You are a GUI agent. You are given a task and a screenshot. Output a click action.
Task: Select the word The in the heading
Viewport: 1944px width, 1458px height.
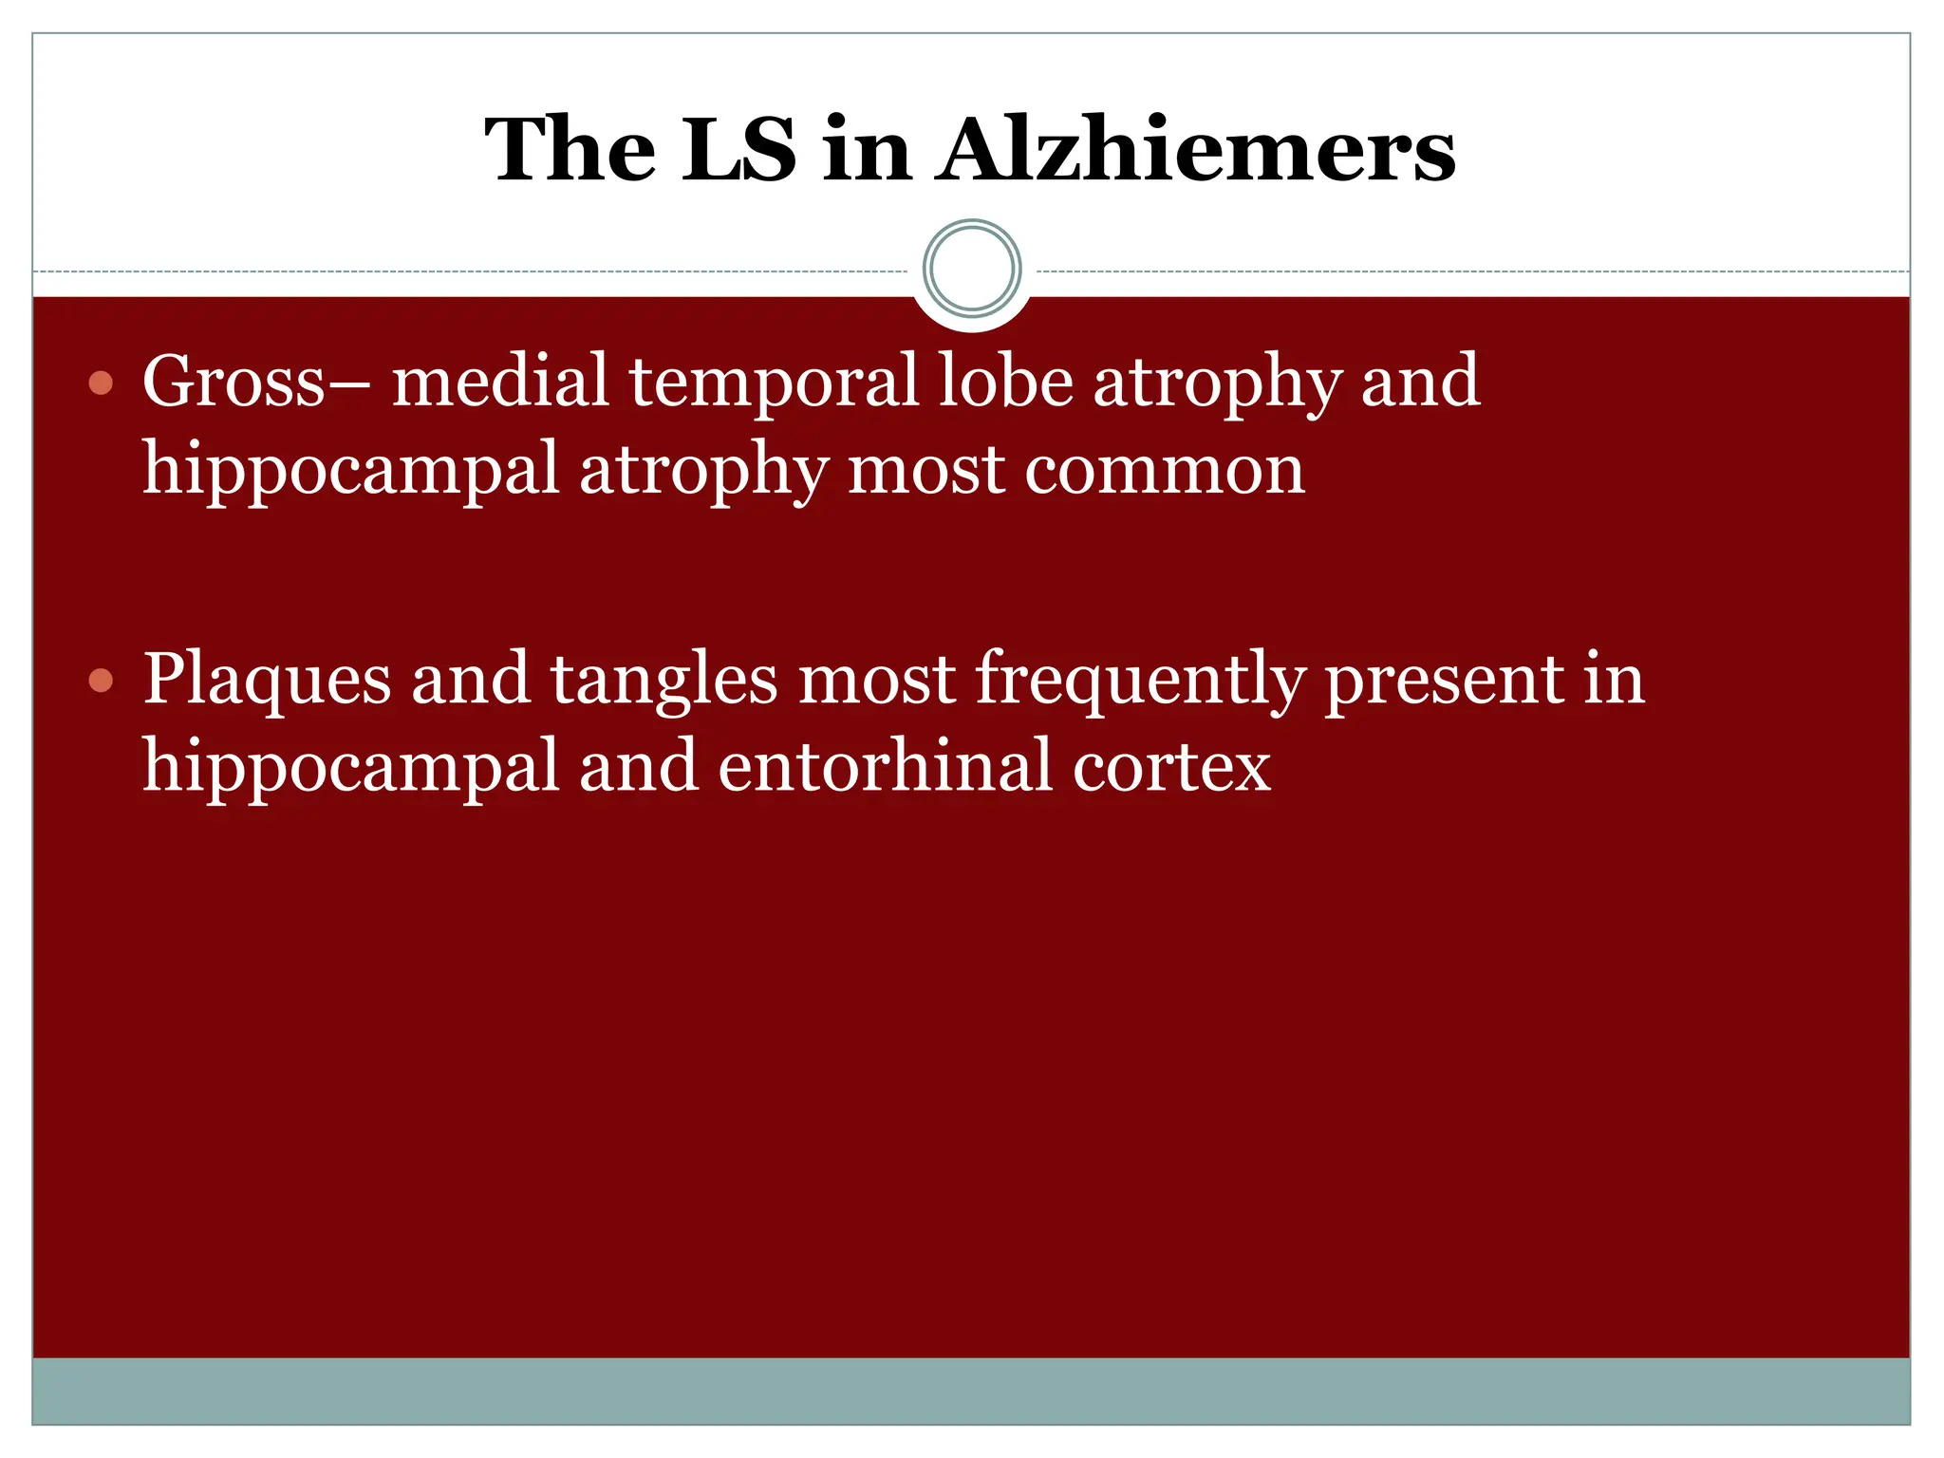click(x=570, y=150)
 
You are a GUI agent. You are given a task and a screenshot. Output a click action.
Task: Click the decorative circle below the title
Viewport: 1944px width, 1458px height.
click(x=972, y=269)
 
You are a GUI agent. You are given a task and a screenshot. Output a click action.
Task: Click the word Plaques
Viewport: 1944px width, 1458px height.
click(x=267, y=682)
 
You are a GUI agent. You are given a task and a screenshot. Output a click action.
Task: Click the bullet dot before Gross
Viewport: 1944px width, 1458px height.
click(x=101, y=383)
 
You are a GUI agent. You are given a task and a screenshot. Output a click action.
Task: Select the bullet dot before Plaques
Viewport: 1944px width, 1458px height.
click(x=101, y=681)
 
